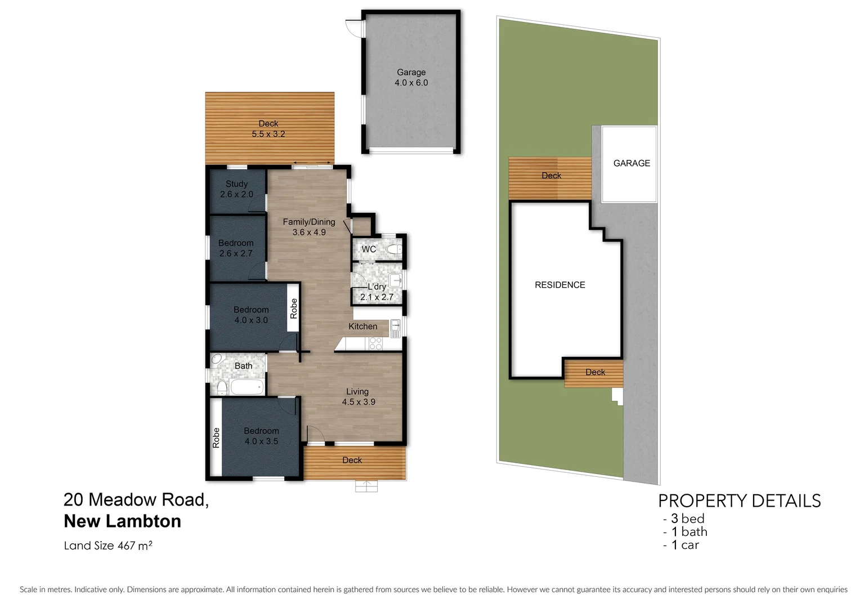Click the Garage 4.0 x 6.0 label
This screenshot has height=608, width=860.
click(411, 77)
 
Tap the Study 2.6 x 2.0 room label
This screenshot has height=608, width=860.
click(236, 189)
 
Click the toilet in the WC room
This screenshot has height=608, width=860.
click(394, 249)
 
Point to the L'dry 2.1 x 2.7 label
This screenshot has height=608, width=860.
click(377, 292)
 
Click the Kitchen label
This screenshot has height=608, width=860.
click(362, 327)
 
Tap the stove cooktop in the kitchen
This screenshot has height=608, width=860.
click(375, 343)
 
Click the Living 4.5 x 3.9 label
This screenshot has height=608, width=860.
click(358, 396)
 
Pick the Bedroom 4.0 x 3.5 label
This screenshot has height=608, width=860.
click(261, 436)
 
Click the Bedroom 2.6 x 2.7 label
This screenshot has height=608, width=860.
click(236, 248)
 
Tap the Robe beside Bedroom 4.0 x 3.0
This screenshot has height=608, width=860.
click(293, 309)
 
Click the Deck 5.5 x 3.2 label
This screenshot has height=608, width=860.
click(268, 129)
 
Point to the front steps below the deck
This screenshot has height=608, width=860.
click(366, 486)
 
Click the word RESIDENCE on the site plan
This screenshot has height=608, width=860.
click(559, 285)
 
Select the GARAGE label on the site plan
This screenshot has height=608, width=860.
click(631, 163)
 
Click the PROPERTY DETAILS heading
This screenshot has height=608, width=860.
click(739, 500)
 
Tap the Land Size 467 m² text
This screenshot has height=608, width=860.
click(108, 546)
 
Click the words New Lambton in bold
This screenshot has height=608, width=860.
click(123, 521)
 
